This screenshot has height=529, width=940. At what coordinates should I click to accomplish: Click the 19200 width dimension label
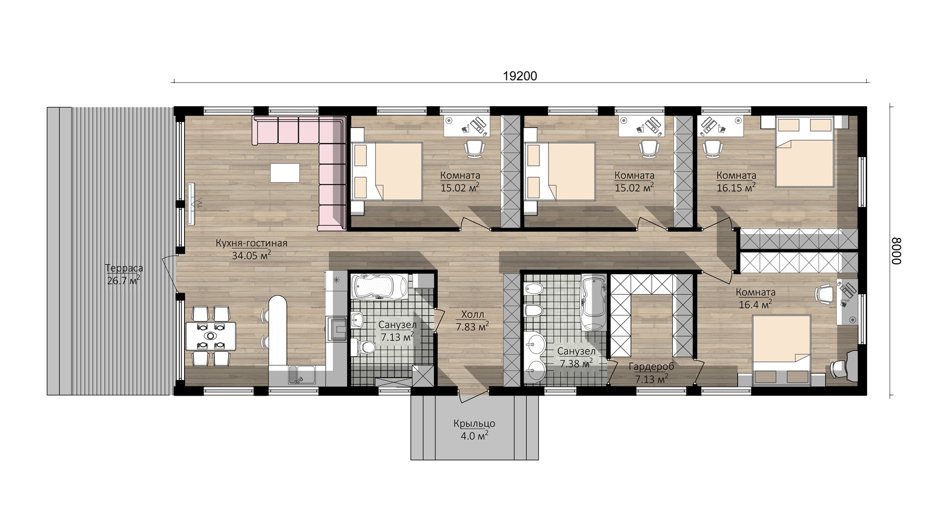click(520, 76)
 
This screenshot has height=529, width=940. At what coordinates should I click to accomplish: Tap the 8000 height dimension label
click(895, 251)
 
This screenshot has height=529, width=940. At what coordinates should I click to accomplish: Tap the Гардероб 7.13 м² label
click(652, 372)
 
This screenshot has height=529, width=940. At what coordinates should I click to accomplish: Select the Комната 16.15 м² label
click(736, 181)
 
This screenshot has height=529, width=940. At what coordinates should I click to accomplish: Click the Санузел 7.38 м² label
click(576, 357)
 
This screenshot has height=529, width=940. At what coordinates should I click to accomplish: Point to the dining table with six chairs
click(211, 336)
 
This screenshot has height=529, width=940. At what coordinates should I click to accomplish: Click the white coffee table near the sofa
click(285, 172)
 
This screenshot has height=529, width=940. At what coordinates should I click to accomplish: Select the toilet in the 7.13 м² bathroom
click(363, 346)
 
